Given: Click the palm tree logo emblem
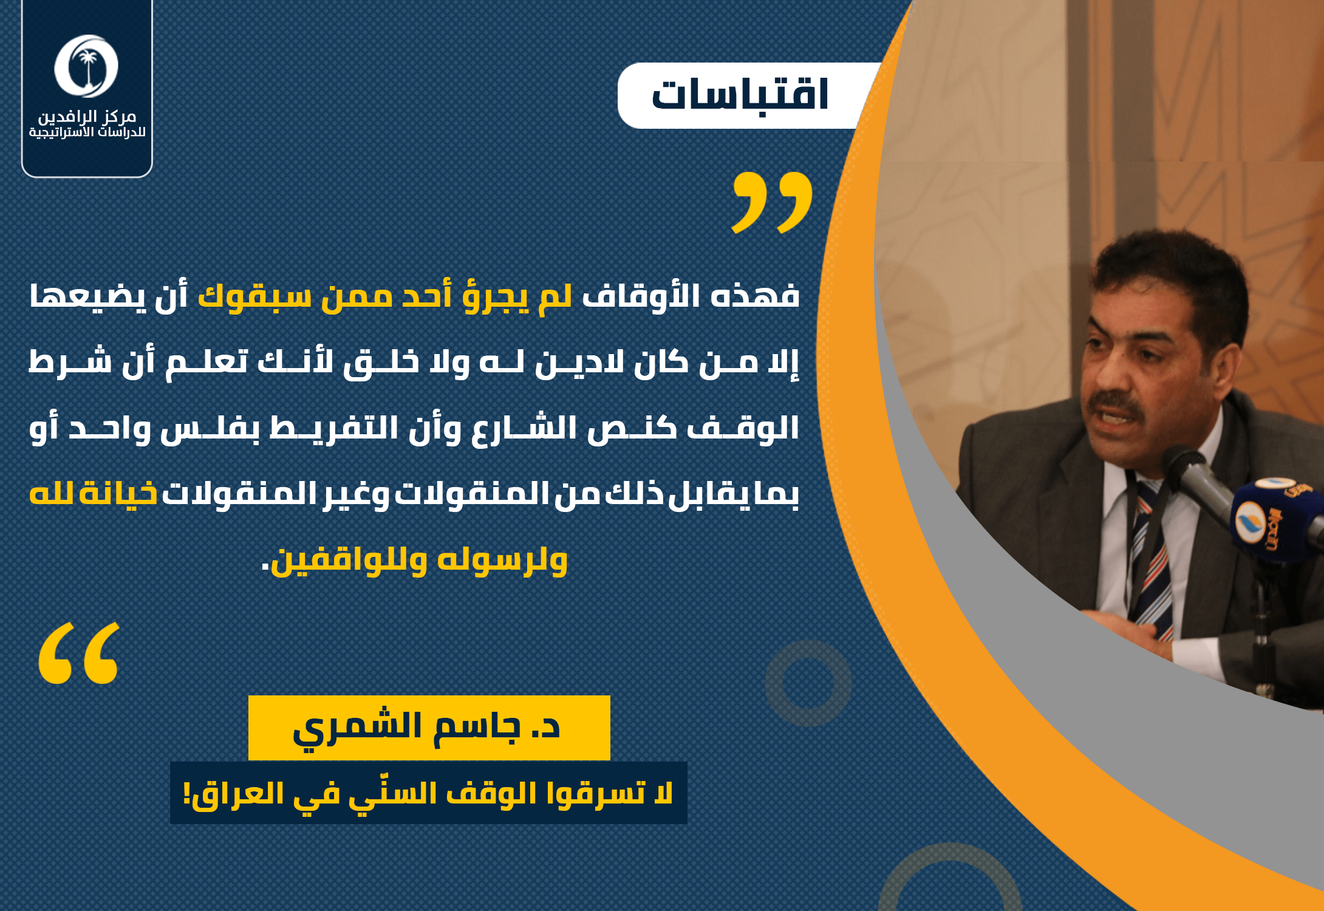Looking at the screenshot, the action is click(x=86, y=66).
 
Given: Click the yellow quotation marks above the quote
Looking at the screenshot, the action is click(x=772, y=202).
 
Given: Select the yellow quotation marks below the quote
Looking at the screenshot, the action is click(x=79, y=653).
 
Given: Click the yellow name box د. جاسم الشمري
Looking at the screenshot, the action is click(x=429, y=728).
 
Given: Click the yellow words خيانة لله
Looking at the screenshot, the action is click(x=93, y=493).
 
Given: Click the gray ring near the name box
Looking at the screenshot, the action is click(x=808, y=683).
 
